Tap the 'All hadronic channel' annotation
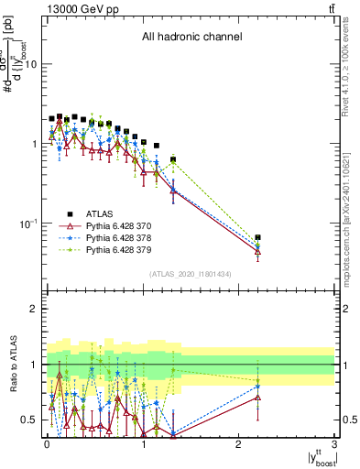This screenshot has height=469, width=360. [191, 38]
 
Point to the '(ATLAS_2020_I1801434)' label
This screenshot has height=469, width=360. [191, 274]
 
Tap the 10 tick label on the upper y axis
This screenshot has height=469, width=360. [29, 64]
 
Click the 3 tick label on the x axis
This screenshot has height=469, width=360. [334, 442]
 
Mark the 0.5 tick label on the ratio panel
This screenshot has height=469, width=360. [27, 420]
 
